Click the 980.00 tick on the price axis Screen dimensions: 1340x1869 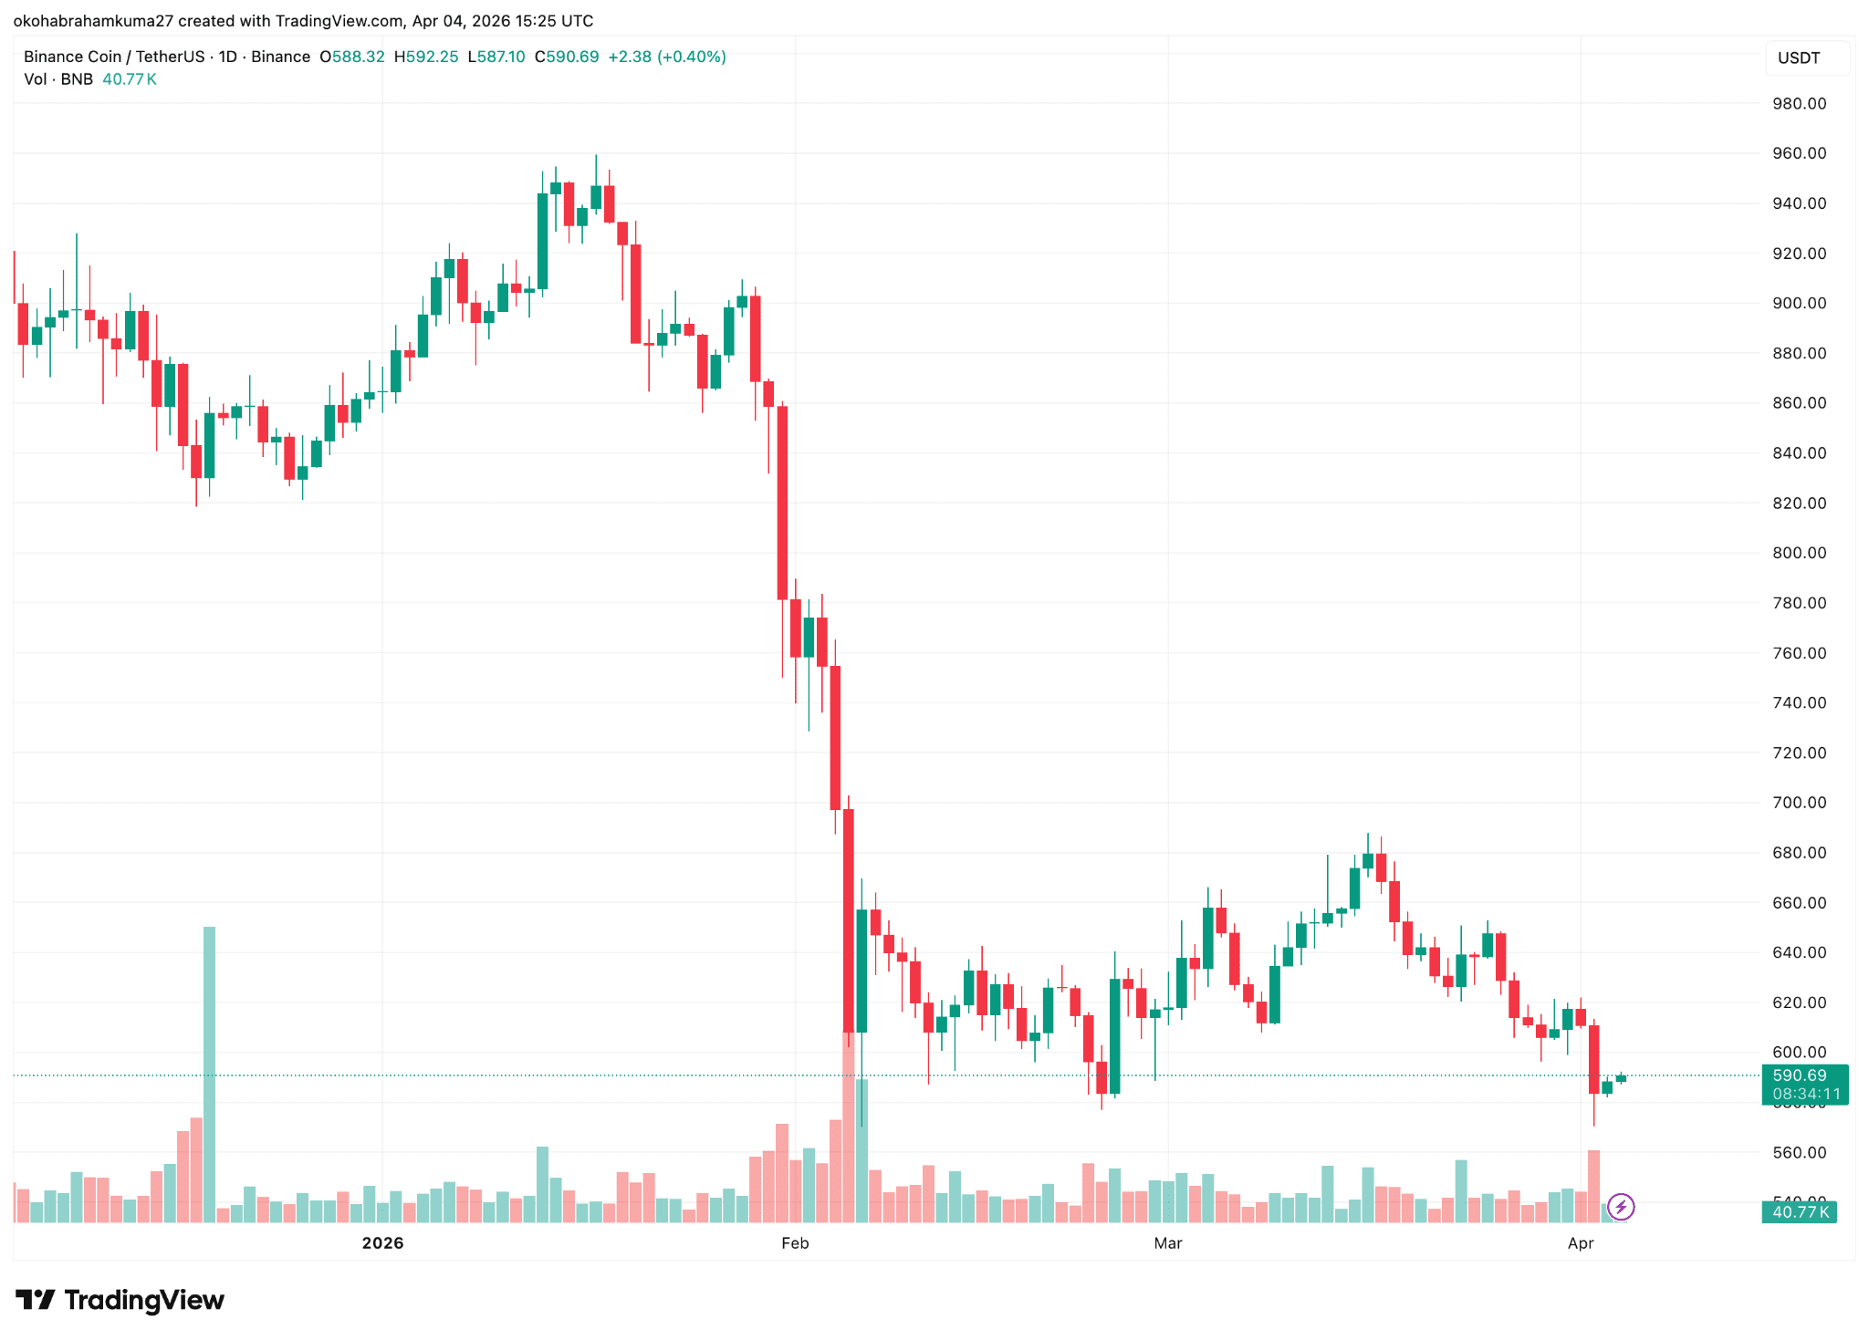pyautogui.click(x=1799, y=104)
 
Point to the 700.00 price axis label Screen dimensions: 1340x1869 pyautogui.click(x=1799, y=803)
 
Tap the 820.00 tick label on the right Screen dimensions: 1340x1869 pyautogui.click(x=1799, y=504)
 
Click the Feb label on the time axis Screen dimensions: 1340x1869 pyautogui.click(x=795, y=1243)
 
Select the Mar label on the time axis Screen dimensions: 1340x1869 pyautogui.click(x=1167, y=1243)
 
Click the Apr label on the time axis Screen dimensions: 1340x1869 pyautogui.click(x=1580, y=1243)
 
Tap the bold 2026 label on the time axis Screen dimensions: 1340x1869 pyautogui.click(x=382, y=1243)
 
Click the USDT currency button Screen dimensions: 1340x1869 pyautogui.click(x=1799, y=58)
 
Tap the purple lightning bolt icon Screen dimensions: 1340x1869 pyautogui.click(x=1621, y=1208)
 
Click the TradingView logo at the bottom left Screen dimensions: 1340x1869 pyautogui.click(x=120, y=1300)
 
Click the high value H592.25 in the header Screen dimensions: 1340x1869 pyautogui.click(x=426, y=57)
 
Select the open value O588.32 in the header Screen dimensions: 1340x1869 pyautogui.click(x=352, y=57)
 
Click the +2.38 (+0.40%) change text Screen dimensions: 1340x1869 pyautogui.click(x=667, y=57)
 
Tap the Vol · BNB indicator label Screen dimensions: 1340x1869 pyautogui.click(x=58, y=79)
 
